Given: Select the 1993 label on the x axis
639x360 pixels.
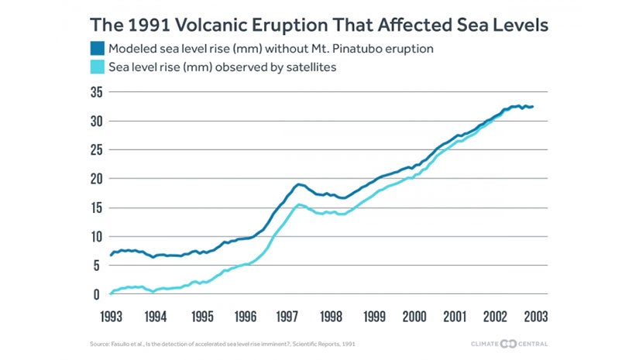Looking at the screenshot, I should (x=111, y=317).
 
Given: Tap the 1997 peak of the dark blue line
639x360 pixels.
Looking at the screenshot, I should (x=298, y=184).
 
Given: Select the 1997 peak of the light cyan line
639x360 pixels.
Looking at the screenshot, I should (x=299, y=204).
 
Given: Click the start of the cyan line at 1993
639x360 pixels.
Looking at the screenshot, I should (x=111, y=293).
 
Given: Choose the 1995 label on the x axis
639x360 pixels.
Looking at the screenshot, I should (x=201, y=317).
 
